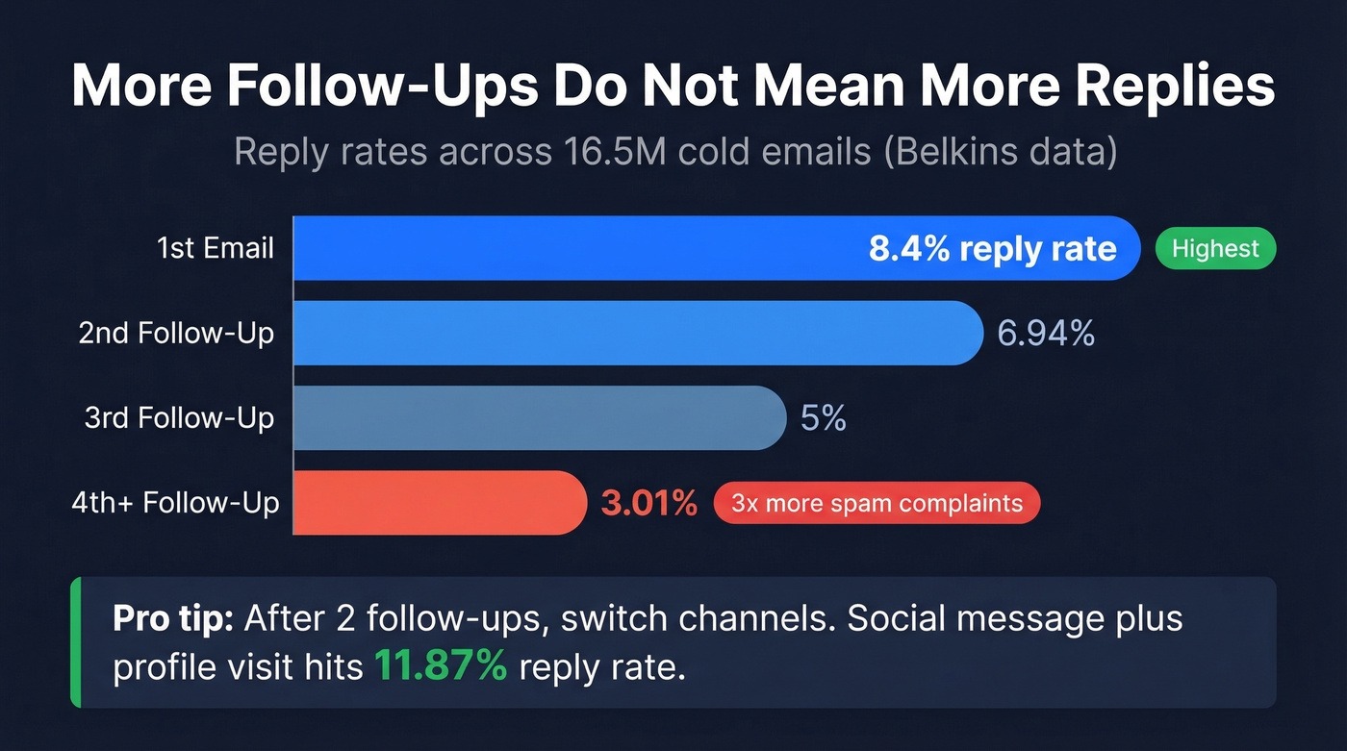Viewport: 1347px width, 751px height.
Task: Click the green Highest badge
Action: click(x=1215, y=249)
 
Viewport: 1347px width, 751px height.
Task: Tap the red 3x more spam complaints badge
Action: click(x=877, y=503)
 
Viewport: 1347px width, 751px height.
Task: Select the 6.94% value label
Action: click(x=1046, y=334)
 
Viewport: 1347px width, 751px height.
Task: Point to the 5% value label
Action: click(x=823, y=418)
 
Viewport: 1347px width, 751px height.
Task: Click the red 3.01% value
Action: click(x=648, y=503)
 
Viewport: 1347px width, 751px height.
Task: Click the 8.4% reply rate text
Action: click(x=992, y=249)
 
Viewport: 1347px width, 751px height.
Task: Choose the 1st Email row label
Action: click(x=216, y=249)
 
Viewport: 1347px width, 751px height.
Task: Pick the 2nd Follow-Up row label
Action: click(x=176, y=334)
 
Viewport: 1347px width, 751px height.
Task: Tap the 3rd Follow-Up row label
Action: click(x=179, y=418)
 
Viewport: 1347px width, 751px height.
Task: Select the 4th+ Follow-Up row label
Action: click(x=175, y=503)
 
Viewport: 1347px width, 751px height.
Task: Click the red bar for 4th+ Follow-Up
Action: click(x=438, y=503)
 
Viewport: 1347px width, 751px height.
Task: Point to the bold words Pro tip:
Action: click(x=173, y=618)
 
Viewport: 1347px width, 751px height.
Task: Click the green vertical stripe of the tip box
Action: click(x=74, y=642)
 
